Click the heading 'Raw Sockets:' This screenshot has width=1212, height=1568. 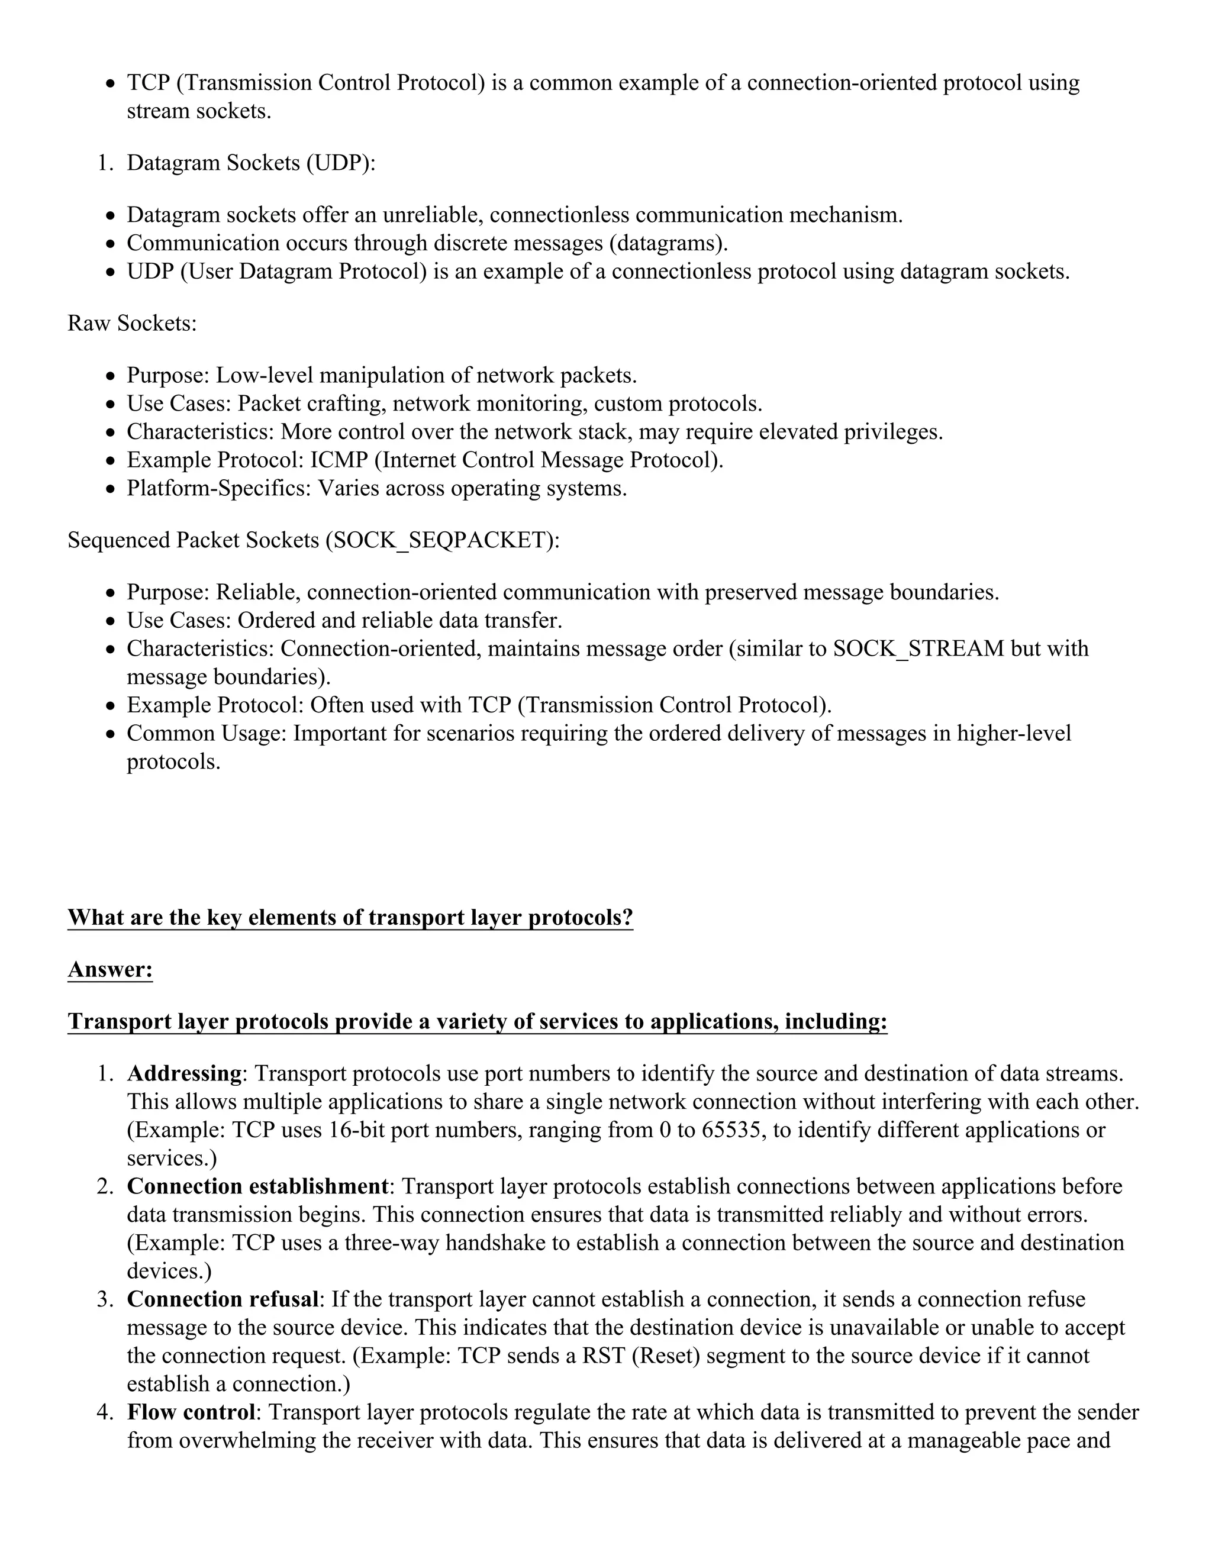coord(132,324)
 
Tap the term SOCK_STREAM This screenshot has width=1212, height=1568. coord(918,649)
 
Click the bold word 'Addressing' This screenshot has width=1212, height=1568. coord(184,1073)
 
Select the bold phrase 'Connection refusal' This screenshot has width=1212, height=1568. coord(223,1299)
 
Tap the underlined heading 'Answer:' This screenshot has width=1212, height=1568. coord(110,970)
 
